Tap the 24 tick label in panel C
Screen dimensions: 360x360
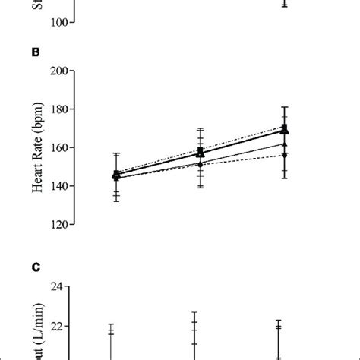point(58,287)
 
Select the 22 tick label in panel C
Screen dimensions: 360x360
point(58,327)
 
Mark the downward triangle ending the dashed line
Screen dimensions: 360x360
point(284,155)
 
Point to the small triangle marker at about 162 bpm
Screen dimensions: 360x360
point(284,144)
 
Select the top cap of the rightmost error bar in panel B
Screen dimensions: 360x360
point(284,107)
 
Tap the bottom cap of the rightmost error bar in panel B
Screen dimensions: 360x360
point(284,178)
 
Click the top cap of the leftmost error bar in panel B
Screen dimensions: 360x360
point(116,153)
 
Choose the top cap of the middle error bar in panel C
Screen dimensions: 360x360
point(194,312)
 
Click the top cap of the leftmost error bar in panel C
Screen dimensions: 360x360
point(111,324)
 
